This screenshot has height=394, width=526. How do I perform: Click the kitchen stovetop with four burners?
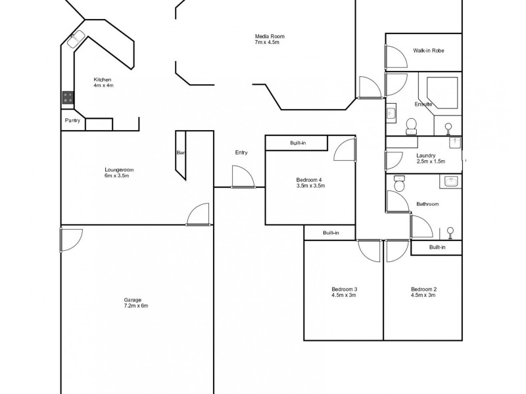pyautogui.click(x=68, y=98)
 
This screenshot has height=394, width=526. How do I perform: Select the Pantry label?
pyautogui.click(x=72, y=121)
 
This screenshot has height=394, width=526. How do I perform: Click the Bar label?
pyautogui.click(x=180, y=153)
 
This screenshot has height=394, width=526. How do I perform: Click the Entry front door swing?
pyautogui.click(x=241, y=177)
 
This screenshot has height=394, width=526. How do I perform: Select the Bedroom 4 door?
pyautogui.click(x=345, y=149)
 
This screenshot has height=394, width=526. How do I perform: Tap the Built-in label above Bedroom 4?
pyautogui.click(x=298, y=142)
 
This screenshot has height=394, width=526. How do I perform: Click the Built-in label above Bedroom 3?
pyautogui.click(x=331, y=232)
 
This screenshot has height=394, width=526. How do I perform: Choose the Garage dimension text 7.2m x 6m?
pyautogui.click(x=136, y=306)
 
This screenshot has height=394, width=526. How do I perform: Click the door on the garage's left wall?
pyautogui.click(x=70, y=239)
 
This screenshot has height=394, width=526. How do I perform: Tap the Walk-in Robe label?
pyautogui.click(x=429, y=51)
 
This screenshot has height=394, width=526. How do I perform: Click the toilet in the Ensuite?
pyautogui.click(x=413, y=125)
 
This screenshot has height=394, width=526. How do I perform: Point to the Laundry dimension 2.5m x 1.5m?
pyautogui.click(x=431, y=162)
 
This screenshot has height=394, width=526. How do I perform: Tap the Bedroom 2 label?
pyautogui.click(x=423, y=289)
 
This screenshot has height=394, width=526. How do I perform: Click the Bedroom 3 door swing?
pyautogui.click(x=369, y=251)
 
